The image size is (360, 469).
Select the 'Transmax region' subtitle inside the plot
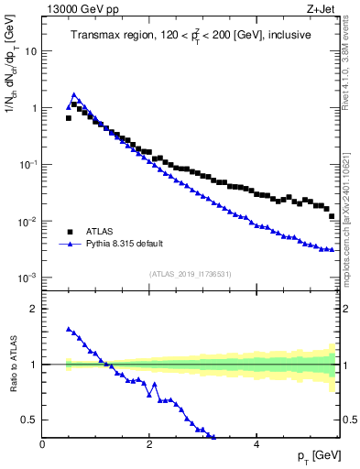(191, 35)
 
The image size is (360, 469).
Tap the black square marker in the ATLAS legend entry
(69, 232)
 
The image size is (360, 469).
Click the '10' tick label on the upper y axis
(32, 51)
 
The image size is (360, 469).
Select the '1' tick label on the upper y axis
(35, 108)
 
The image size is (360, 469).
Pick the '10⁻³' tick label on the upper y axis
(29, 278)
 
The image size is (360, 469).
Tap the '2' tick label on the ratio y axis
(35, 309)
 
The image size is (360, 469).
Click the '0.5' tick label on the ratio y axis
(30, 420)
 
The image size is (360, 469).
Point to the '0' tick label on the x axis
(42, 444)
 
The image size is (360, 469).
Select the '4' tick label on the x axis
(256, 444)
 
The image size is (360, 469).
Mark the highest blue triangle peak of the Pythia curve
(74, 94)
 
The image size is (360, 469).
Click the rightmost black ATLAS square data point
(332, 216)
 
